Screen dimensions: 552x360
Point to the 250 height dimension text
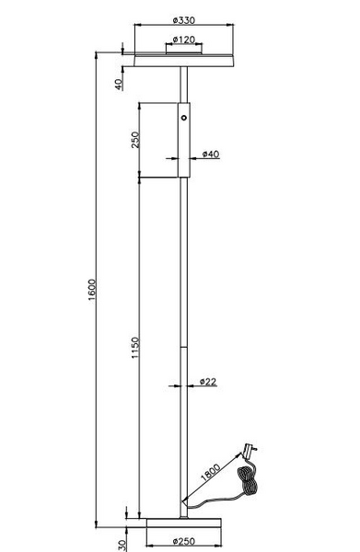pyautogui.click(x=134, y=140)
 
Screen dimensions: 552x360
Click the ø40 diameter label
pyautogui.click(x=210, y=154)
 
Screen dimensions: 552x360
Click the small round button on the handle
pyautogui.click(x=185, y=119)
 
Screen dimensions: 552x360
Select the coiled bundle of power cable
pyautogui.click(x=248, y=483)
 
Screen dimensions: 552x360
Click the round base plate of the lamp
pyautogui.click(x=186, y=523)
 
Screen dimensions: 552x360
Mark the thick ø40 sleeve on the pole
pyautogui.click(x=185, y=138)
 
